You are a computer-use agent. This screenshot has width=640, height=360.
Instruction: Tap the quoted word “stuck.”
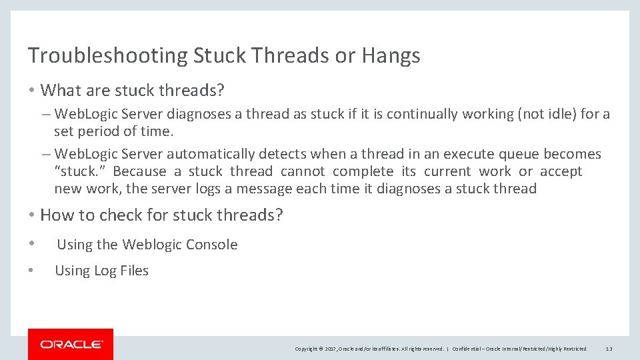point(77,171)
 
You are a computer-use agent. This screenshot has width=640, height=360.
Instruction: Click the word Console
point(211,245)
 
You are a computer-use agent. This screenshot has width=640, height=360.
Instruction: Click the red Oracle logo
point(71,344)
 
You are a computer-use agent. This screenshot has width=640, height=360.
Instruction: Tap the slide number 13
point(609,349)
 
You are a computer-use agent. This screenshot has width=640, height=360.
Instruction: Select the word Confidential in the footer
point(469,349)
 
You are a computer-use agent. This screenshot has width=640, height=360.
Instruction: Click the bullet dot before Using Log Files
point(31,270)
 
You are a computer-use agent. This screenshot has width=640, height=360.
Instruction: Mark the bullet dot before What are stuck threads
point(31,90)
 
